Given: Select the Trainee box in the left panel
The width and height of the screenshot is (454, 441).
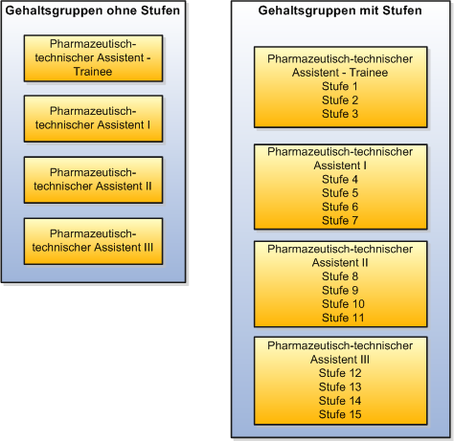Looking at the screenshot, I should (x=93, y=59).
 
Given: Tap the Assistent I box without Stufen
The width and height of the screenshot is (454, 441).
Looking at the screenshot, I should (x=93, y=119).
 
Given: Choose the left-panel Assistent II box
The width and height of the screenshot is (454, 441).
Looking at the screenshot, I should (x=93, y=180).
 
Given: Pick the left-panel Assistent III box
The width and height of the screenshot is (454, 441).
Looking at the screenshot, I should (x=93, y=241).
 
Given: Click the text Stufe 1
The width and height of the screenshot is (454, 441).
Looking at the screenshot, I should (x=340, y=86).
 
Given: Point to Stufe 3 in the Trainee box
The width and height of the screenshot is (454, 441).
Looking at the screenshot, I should (x=340, y=114).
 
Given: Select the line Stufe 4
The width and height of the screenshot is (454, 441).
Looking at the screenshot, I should (x=340, y=179).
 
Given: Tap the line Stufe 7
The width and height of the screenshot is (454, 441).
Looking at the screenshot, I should (x=340, y=220).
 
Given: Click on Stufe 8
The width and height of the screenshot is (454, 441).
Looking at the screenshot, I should (x=340, y=276).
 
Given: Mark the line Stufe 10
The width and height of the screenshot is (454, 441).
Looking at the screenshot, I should (x=340, y=304).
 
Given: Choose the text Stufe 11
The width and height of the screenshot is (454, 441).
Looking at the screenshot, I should (x=340, y=318).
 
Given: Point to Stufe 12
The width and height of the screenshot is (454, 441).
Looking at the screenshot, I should (x=340, y=373).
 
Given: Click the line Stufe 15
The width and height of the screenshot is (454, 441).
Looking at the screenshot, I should (x=340, y=414).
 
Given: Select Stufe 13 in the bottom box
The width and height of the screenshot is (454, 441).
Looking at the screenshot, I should (x=340, y=386).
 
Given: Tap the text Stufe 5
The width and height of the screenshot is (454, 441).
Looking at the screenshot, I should (x=340, y=192).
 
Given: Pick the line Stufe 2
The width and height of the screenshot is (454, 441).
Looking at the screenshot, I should (x=340, y=99).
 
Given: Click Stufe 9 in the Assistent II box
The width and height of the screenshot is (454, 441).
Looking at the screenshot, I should (x=340, y=290).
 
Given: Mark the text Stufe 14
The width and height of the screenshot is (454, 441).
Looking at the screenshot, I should (x=340, y=401).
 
